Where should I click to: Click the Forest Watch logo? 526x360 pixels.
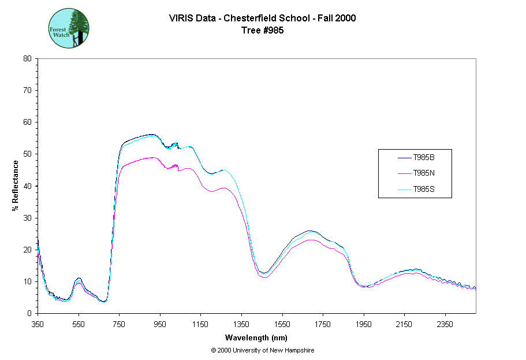(68, 28)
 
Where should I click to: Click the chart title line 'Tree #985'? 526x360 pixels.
(262, 30)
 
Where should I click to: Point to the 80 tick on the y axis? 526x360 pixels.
(27, 58)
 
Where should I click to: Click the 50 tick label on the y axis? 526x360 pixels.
(27, 154)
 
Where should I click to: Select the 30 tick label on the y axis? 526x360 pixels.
(27, 218)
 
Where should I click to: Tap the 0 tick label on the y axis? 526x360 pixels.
(29, 314)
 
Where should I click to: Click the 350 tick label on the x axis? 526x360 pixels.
(38, 325)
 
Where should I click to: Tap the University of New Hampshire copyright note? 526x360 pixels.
(262, 350)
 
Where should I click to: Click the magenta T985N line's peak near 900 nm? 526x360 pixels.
(151, 157)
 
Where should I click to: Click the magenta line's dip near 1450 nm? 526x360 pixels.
(264, 277)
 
